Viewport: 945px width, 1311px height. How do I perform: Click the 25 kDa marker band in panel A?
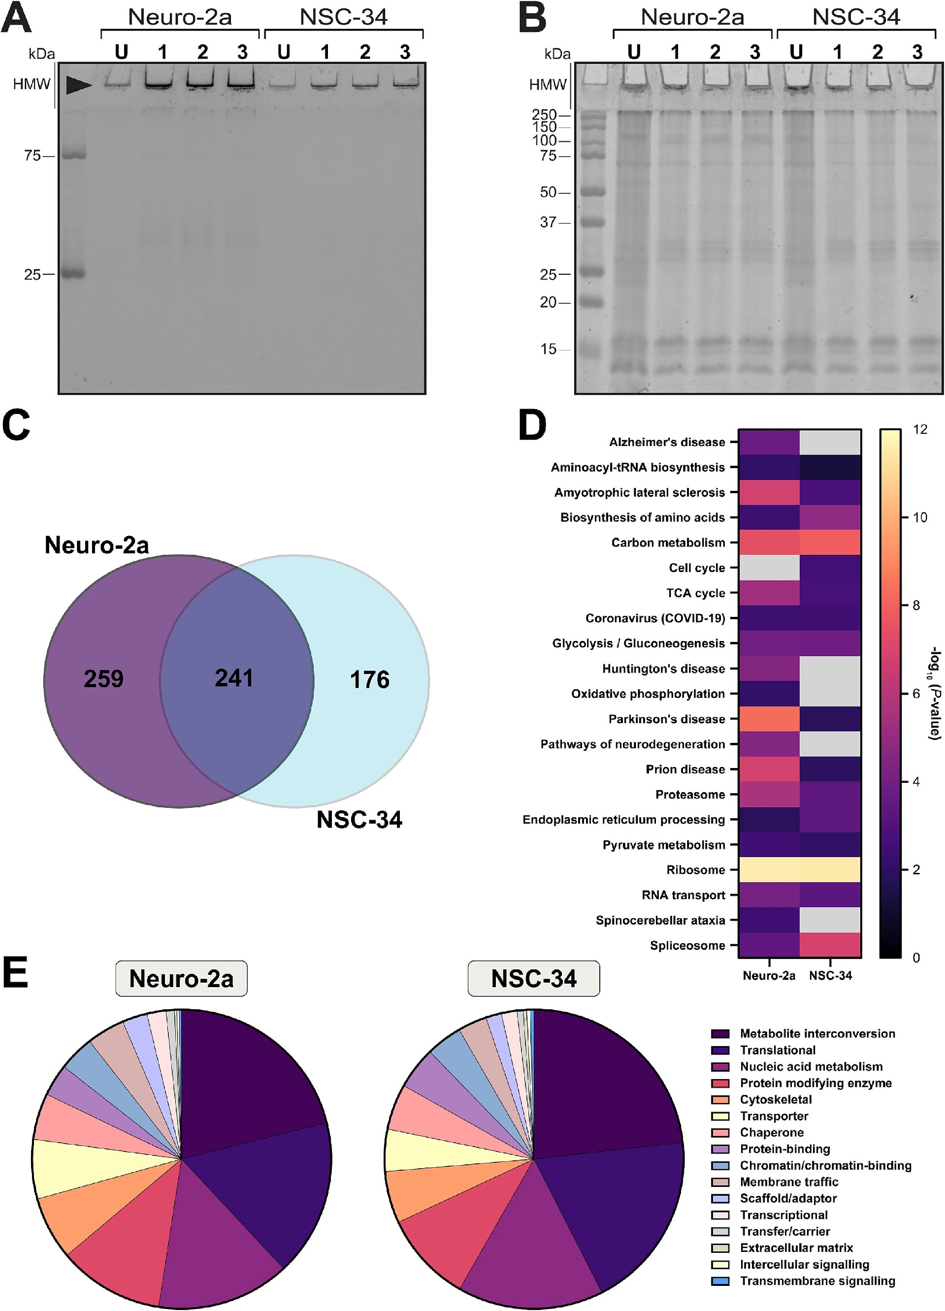(x=73, y=273)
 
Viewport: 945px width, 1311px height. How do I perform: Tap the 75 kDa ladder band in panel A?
(x=73, y=155)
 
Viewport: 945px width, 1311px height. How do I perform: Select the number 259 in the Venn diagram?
(x=103, y=678)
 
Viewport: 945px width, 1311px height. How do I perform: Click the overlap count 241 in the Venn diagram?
(x=233, y=677)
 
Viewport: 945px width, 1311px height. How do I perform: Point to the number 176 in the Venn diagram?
(x=369, y=679)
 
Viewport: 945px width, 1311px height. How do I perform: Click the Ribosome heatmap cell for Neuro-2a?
(x=769, y=869)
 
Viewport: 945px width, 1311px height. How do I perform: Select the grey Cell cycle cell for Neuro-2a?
(x=769, y=568)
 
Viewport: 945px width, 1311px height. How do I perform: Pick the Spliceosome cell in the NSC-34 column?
(x=830, y=945)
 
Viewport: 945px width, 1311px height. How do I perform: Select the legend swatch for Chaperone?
(x=720, y=1132)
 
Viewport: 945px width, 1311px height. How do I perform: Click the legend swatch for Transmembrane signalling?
(x=720, y=1281)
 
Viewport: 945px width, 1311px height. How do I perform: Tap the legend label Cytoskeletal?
(x=776, y=1099)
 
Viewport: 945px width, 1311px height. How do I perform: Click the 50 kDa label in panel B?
(x=548, y=192)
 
